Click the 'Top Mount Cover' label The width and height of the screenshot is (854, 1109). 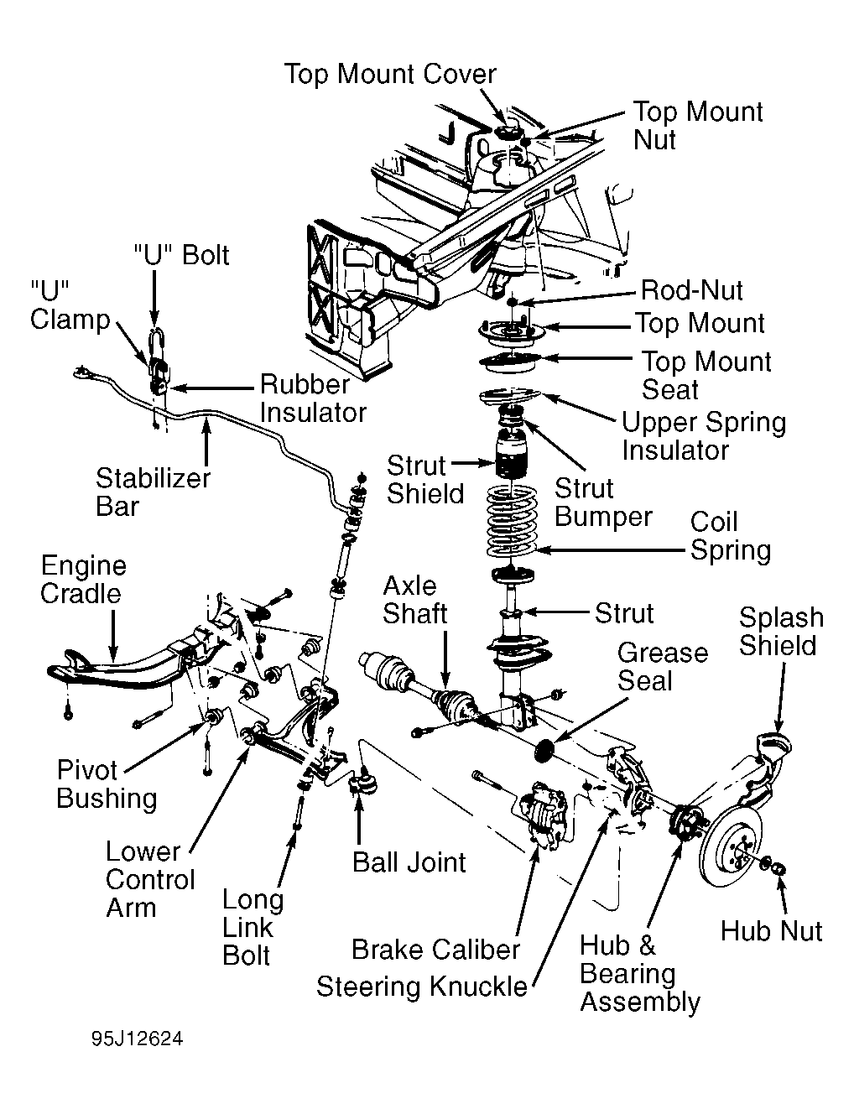(x=390, y=75)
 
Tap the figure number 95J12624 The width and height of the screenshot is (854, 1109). (x=138, y=1039)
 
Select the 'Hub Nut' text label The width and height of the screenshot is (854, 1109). (x=771, y=931)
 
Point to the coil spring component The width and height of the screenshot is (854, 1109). (x=512, y=521)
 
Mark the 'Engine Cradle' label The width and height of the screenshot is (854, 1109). (x=83, y=580)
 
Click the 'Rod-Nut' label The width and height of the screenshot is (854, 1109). (x=691, y=290)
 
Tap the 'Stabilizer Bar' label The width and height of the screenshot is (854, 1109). (x=152, y=492)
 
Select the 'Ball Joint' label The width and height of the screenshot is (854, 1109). (x=409, y=862)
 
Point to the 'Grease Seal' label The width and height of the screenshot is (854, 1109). (x=663, y=667)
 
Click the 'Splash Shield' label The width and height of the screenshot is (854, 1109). (x=781, y=632)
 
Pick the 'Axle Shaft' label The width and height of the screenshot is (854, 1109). (x=414, y=600)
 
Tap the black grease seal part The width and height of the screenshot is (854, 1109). (x=545, y=750)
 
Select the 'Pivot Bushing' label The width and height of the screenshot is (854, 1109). (x=106, y=784)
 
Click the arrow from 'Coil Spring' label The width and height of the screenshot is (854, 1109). (x=610, y=550)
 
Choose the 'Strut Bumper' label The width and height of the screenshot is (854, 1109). (x=602, y=502)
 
